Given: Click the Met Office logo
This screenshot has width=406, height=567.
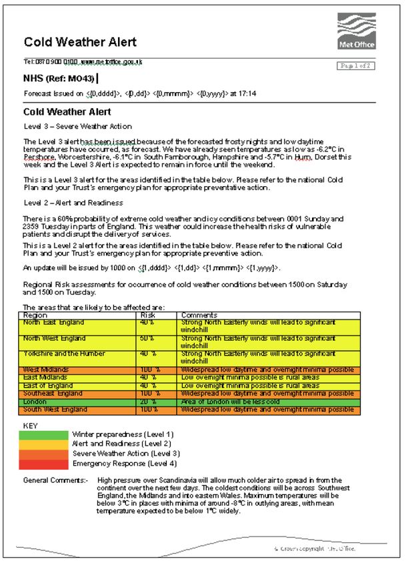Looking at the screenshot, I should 357,31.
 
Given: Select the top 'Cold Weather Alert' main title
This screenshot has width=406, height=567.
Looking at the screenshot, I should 80,43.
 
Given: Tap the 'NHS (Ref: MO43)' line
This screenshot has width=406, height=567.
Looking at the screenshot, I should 59,79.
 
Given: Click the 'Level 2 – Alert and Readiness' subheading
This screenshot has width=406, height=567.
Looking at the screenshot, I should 73,202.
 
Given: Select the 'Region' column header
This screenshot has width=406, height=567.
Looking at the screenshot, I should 35,315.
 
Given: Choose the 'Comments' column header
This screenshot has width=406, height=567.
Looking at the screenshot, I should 199,315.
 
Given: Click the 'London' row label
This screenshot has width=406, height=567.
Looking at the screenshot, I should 36,402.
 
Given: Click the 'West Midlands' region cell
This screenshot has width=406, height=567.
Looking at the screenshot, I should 46,370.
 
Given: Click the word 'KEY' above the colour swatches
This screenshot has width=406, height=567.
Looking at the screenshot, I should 31,425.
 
